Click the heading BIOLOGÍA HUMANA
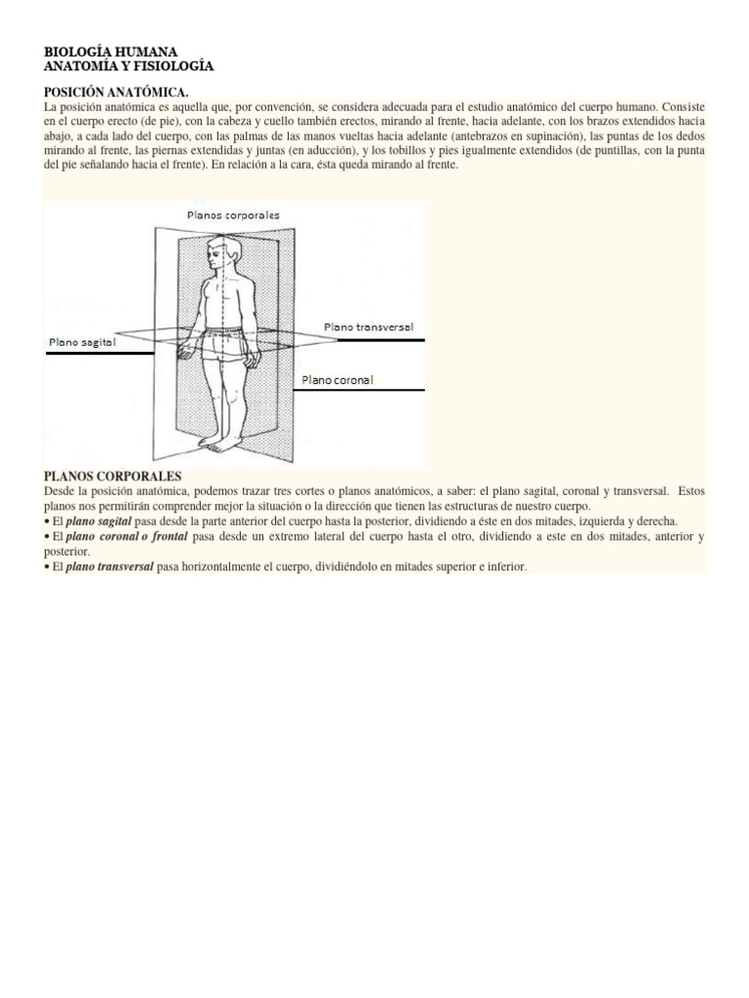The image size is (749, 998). (111, 51)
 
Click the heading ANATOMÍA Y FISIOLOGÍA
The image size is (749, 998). (128, 65)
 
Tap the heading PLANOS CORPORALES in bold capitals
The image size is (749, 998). (113, 476)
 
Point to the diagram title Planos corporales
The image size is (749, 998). (233, 213)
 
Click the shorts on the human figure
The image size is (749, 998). (226, 343)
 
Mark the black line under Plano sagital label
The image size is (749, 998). (98, 354)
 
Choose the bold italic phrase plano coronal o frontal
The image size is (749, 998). (128, 537)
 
